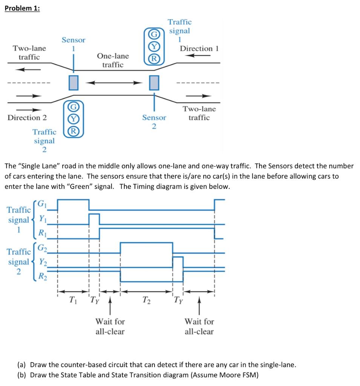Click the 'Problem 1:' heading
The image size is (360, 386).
pos(22,9)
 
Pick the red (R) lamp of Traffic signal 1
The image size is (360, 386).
pos(154,59)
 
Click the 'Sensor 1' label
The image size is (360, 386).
pos(74,44)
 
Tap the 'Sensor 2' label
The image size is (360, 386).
pos(154,122)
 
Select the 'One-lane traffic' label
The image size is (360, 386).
pos(113,60)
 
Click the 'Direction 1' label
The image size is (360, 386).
pos(199,48)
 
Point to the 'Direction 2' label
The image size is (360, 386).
pos(27,117)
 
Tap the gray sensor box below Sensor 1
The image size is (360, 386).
pos(74,83)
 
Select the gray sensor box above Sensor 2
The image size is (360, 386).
pos(154,83)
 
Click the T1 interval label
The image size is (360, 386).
pos(73,300)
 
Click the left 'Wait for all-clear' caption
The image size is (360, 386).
pos(110,326)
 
